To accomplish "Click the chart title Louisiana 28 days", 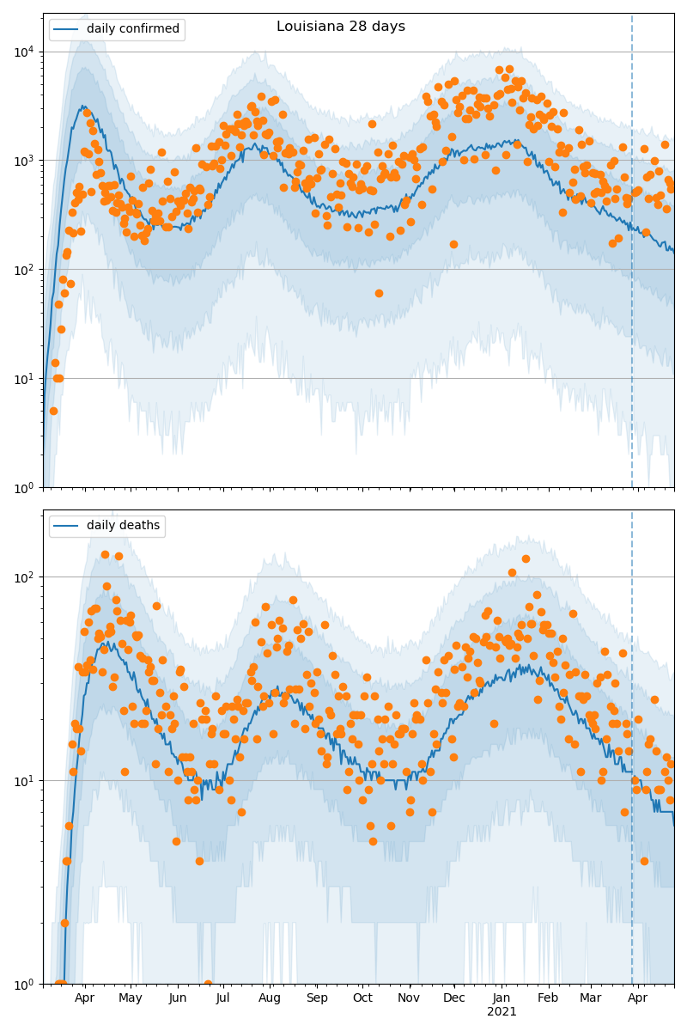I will click(341, 27).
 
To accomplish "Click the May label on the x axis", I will click(131, 998).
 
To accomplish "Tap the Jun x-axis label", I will click(178, 998).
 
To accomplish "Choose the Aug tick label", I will click(270, 998).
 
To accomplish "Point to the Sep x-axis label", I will click(317, 998).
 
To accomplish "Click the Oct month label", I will click(362, 998).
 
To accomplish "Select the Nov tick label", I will click(409, 998).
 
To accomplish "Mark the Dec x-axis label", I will click(454, 998).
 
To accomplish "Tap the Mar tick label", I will click(591, 998).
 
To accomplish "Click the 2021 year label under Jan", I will click(502, 1012).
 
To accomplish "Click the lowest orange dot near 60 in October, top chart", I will click(379, 293).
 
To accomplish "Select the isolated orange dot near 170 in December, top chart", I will click(453, 244).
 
